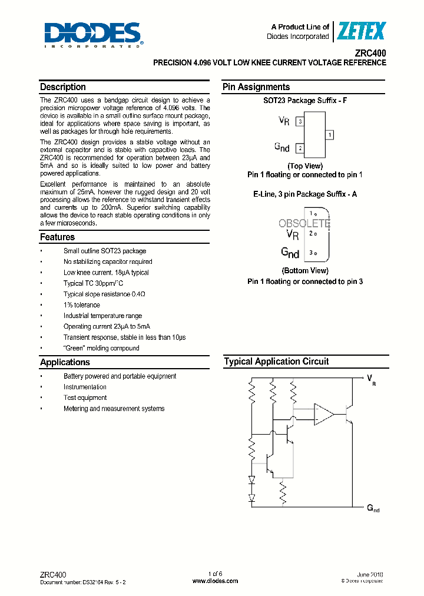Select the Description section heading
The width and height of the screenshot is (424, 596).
(x=63, y=87)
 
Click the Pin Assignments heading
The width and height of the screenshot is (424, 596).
(x=256, y=87)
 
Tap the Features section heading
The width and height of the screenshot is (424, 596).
(x=57, y=237)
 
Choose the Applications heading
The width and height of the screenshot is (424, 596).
(x=65, y=363)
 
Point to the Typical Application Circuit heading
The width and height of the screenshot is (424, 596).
(x=276, y=362)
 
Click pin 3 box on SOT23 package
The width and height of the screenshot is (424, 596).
(x=300, y=122)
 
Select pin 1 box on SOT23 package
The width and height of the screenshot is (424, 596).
(x=330, y=135)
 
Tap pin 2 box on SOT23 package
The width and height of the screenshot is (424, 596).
(x=300, y=148)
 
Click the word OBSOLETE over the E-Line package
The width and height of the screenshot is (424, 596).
(x=304, y=224)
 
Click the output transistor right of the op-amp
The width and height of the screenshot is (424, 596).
(x=349, y=414)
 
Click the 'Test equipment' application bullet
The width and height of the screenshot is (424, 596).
(x=85, y=398)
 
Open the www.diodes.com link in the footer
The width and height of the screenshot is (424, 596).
(x=215, y=581)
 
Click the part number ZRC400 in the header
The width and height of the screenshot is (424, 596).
(x=371, y=52)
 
